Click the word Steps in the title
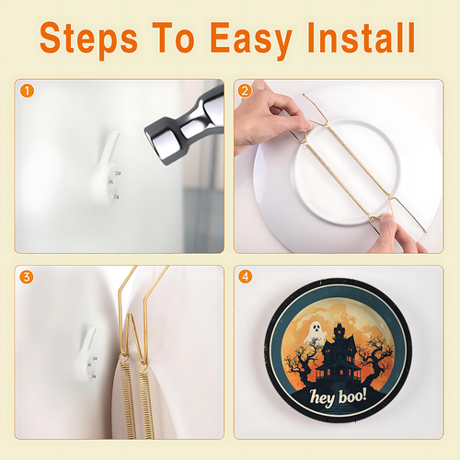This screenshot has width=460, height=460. click(x=88, y=39)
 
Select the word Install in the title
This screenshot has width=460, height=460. click(x=362, y=38)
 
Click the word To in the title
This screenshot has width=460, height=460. click(x=174, y=38)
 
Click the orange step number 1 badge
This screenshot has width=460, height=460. click(x=27, y=91)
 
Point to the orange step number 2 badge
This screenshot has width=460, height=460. click(x=245, y=91)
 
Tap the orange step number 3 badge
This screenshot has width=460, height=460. click(x=27, y=277)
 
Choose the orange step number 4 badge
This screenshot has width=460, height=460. click(x=245, y=277)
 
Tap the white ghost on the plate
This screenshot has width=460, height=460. click(x=315, y=332)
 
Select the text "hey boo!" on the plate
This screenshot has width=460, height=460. click(x=338, y=397)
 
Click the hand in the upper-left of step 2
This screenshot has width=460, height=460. click(x=270, y=118)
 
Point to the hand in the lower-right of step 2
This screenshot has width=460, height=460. click(x=396, y=235)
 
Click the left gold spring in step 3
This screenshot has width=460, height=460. click(x=129, y=398)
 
